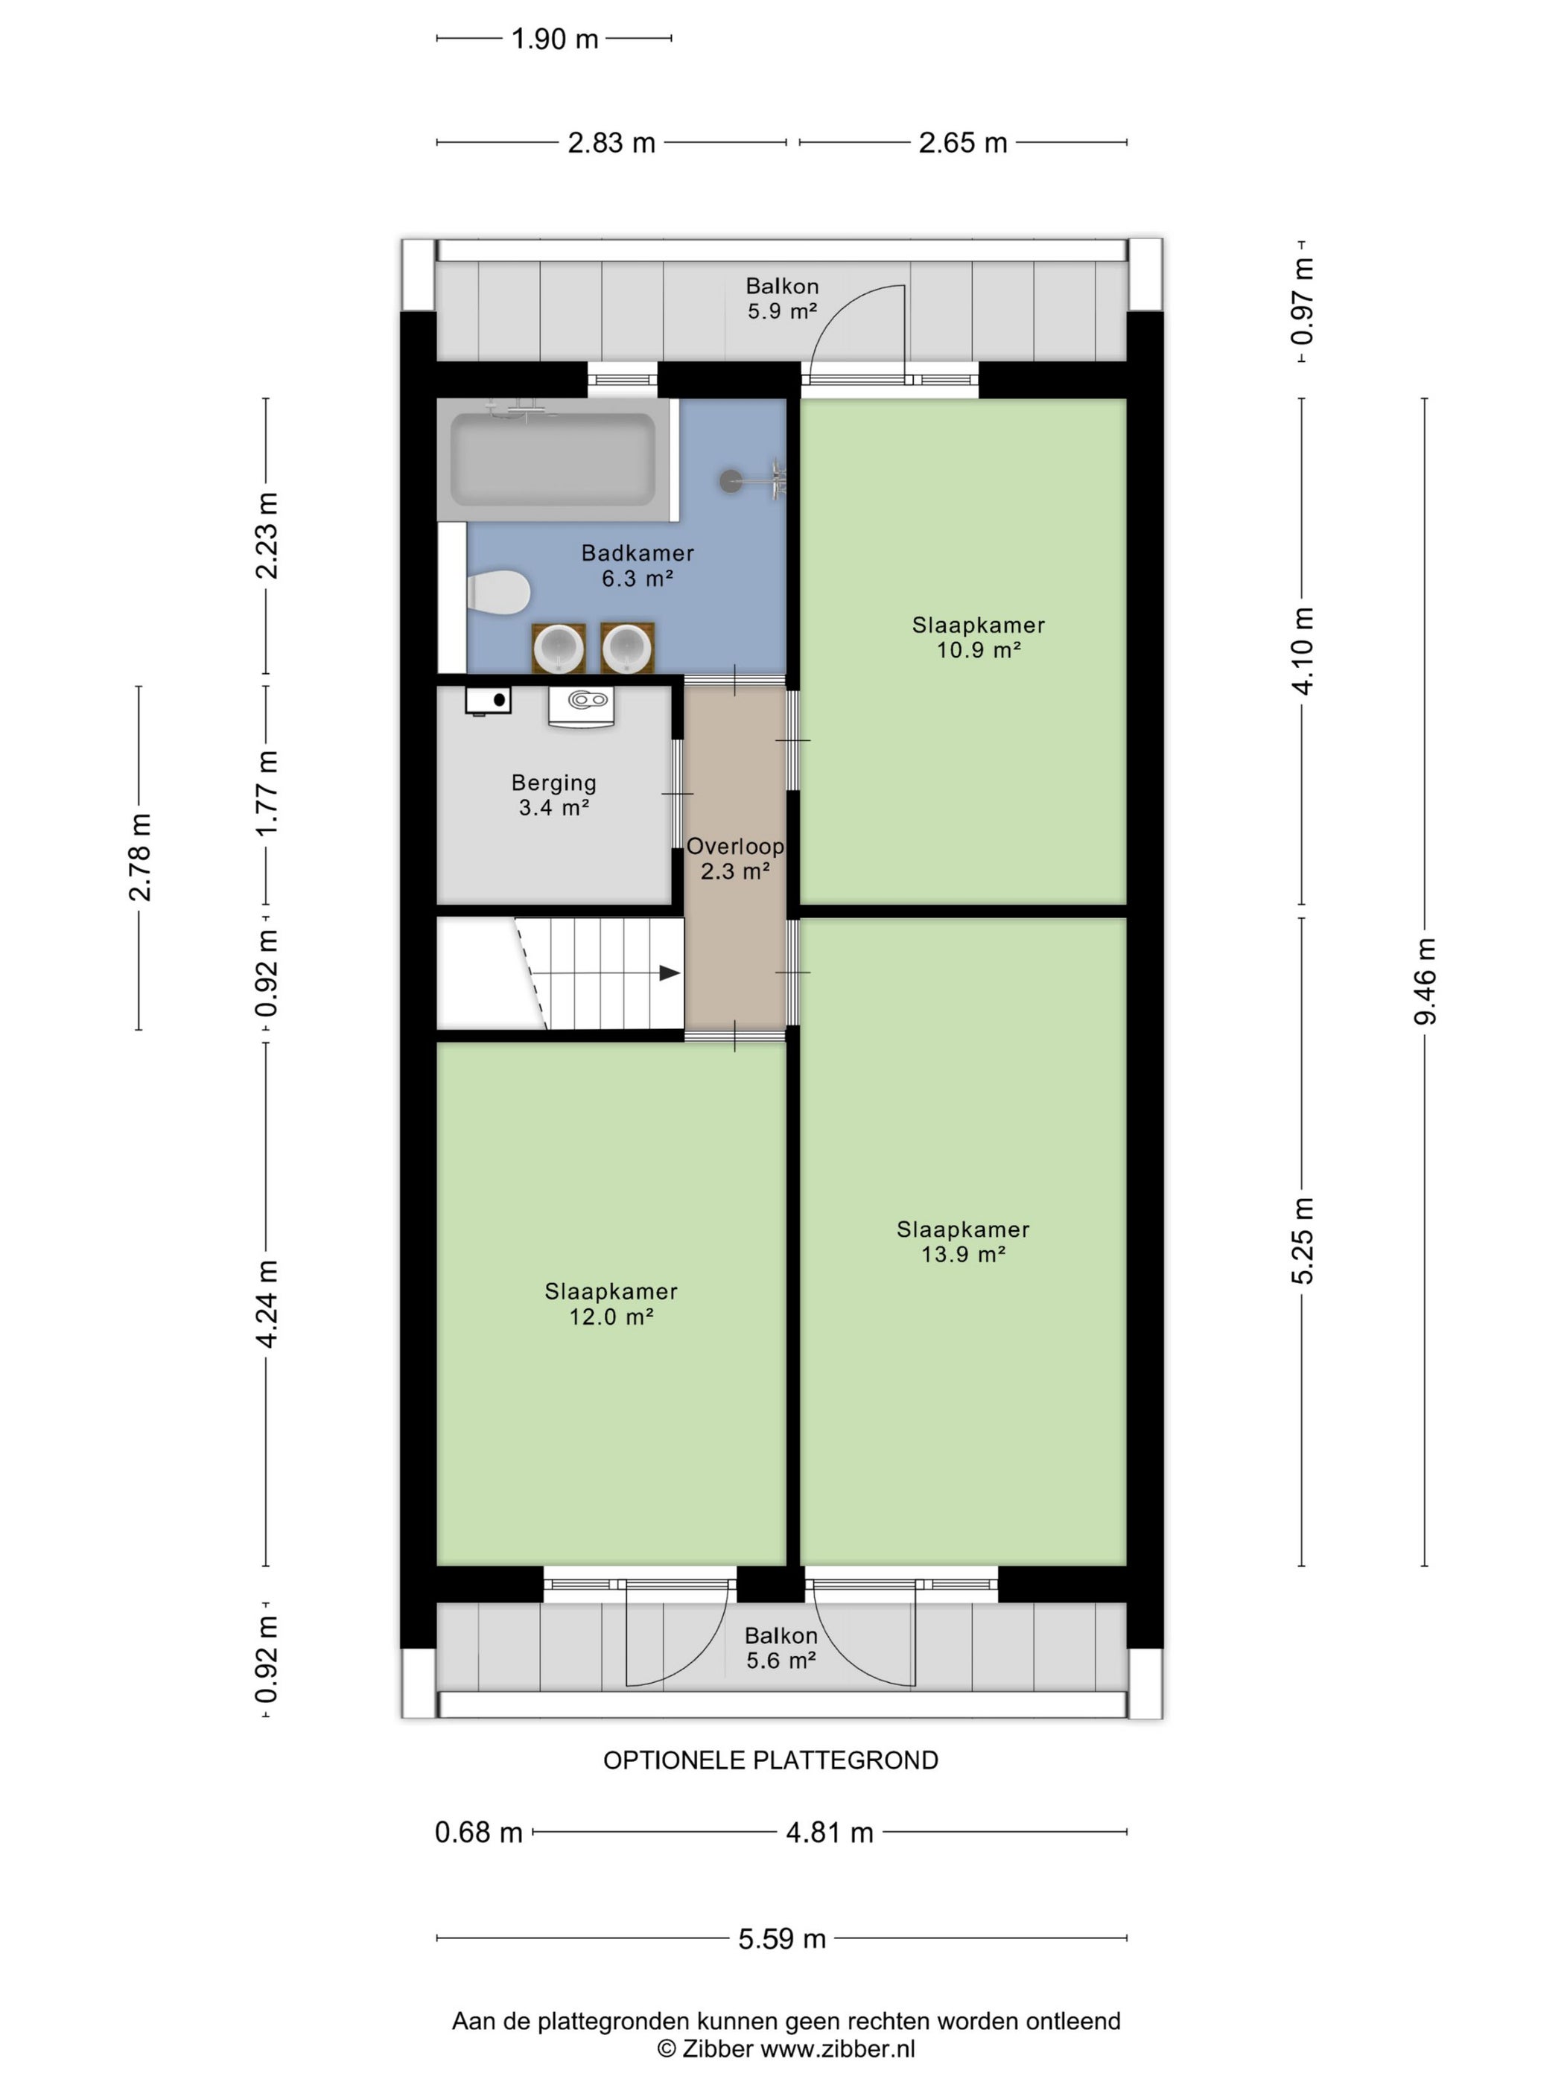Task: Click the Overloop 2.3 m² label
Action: (735, 859)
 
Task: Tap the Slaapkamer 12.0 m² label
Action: (611, 1304)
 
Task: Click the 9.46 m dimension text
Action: (1425, 981)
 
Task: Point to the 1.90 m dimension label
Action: (554, 39)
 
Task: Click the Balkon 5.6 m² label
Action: (781, 1648)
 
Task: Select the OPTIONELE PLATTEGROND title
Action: (771, 1760)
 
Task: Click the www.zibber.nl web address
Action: (838, 2049)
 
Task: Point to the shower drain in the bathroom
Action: (731, 481)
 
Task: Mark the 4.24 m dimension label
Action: (267, 1304)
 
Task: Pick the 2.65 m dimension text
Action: (962, 142)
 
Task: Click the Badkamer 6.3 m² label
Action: (638, 565)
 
